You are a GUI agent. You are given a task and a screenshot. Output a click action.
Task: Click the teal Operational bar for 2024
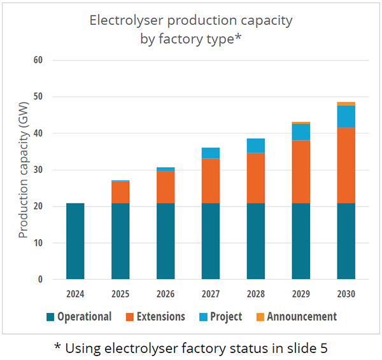tap(75, 241)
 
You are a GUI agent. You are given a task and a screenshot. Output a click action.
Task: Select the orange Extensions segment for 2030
tap(346, 165)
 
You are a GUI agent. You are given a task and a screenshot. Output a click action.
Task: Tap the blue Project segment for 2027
tap(211, 153)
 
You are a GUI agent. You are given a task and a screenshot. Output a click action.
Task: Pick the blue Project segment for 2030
tap(346, 116)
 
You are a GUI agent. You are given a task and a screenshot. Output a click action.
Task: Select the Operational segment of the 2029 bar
tap(301, 241)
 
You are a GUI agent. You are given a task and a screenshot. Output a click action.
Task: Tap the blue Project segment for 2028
tap(256, 146)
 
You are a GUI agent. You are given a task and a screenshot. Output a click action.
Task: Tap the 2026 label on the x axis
tap(166, 294)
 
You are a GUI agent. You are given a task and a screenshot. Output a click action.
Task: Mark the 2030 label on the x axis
tap(346, 294)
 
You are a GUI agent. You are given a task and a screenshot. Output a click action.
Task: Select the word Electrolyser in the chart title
tap(122, 20)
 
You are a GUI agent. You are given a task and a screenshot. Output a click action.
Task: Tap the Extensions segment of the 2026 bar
tap(166, 187)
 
